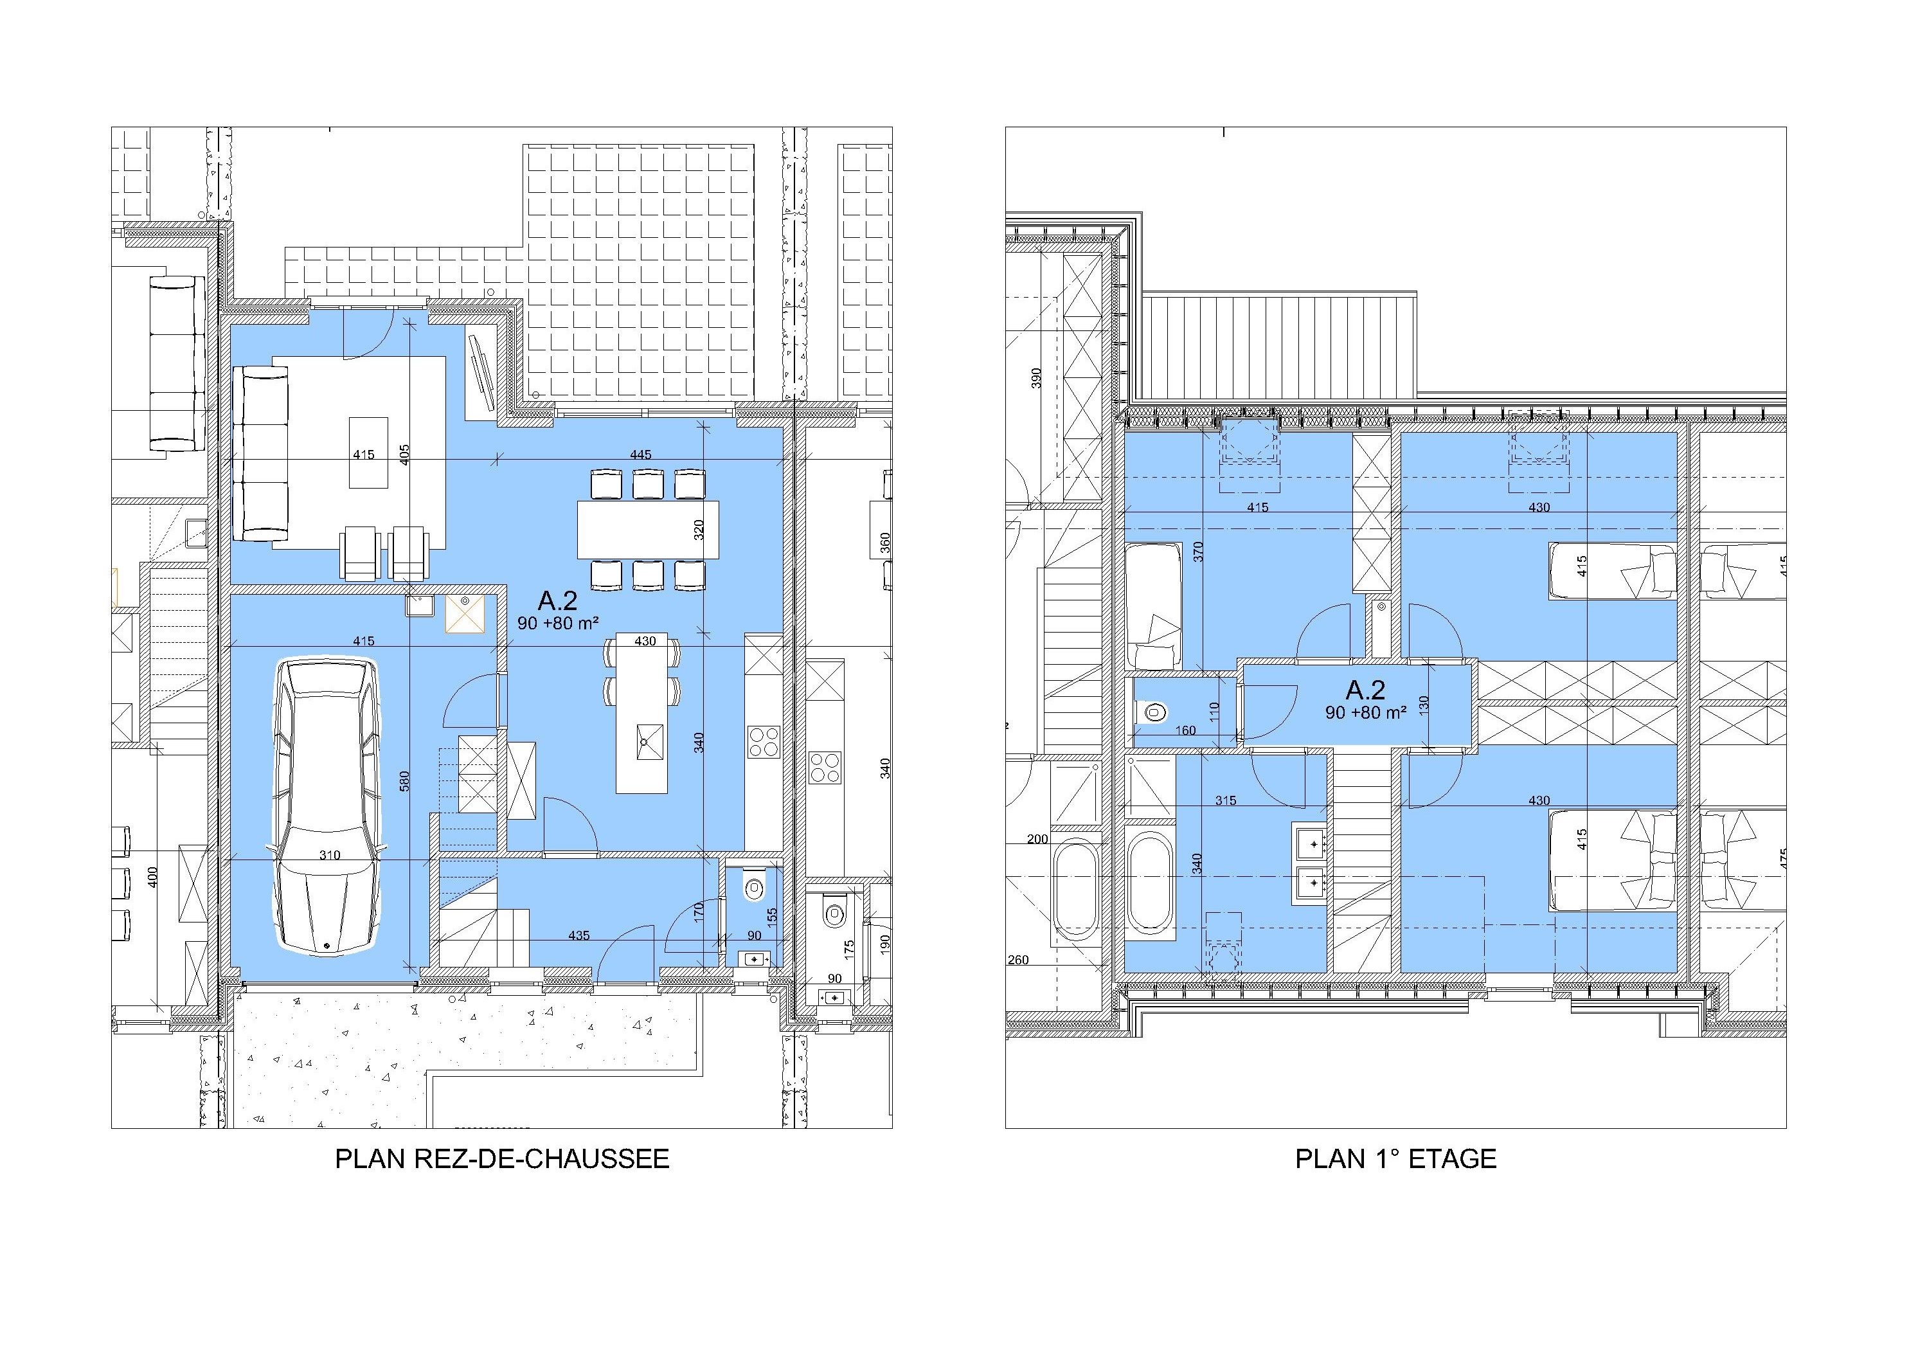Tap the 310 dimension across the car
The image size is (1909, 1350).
(330, 855)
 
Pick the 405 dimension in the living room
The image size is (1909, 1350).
(404, 454)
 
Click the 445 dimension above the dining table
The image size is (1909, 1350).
(640, 454)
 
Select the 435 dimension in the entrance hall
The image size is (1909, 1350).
(578, 936)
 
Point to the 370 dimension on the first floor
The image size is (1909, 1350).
(1198, 552)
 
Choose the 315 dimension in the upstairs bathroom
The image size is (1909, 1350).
(1226, 801)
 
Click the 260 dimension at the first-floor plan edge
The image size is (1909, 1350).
(1017, 959)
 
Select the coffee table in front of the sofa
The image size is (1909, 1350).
(368, 453)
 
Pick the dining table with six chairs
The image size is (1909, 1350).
(649, 530)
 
